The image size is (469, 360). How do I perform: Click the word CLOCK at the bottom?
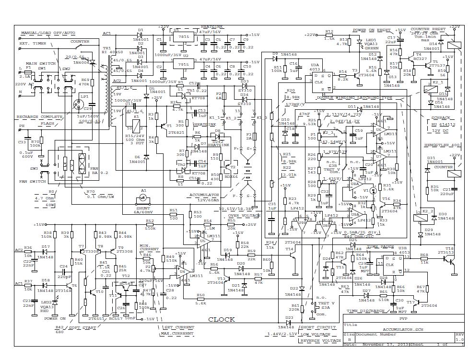(x=222, y=319)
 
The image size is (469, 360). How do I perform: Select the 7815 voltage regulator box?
(x=183, y=36)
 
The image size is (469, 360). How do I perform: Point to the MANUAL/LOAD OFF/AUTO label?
(x=48, y=33)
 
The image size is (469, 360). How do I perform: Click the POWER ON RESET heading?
(x=372, y=30)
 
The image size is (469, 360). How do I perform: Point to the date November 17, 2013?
(x=382, y=344)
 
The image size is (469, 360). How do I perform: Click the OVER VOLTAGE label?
(x=244, y=216)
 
